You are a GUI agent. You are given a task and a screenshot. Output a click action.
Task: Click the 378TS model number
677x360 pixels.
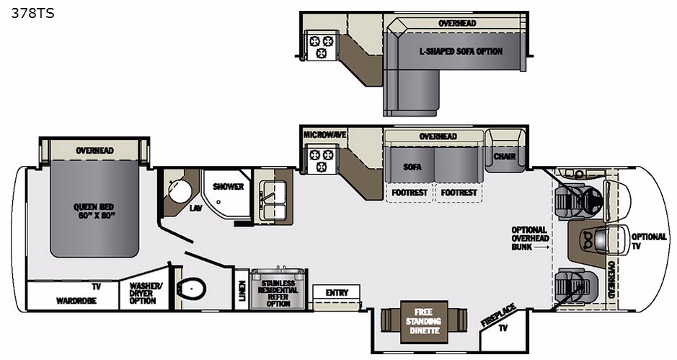pyautogui.click(x=33, y=14)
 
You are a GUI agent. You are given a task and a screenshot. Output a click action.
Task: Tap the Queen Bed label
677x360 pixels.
pyautogui.click(x=94, y=211)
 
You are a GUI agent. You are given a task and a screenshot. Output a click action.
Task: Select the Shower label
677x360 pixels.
pyautogui.click(x=228, y=187)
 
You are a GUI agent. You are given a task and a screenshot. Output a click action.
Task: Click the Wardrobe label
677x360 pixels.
pyautogui.click(x=76, y=300)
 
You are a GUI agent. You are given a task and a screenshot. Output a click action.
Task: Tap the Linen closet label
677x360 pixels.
pyautogui.click(x=242, y=289)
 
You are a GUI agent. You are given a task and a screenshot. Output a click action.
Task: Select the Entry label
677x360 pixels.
pyautogui.click(x=337, y=293)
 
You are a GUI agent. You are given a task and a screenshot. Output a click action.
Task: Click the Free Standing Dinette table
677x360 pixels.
pyautogui.click(x=423, y=322)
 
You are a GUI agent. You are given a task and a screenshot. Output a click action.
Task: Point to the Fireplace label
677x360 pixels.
pyautogui.click(x=497, y=315)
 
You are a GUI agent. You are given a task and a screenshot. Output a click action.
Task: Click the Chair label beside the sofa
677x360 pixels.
pyautogui.click(x=504, y=156)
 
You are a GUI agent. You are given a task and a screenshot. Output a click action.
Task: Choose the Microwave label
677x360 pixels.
pyautogui.click(x=324, y=134)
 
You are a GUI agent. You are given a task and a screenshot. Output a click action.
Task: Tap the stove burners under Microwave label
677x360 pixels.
pyautogui.click(x=322, y=159)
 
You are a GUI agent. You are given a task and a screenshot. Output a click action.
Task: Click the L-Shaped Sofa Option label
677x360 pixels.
pyautogui.click(x=461, y=51)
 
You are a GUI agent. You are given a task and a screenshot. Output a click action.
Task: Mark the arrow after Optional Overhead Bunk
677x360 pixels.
pyautogui.click(x=541, y=247)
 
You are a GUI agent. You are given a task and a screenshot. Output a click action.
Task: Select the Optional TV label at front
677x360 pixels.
pyautogui.click(x=649, y=241)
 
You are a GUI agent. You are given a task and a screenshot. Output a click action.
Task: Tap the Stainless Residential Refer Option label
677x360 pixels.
pyautogui.click(x=278, y=293)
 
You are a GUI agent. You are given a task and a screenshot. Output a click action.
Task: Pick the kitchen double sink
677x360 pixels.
pyautogui.click(x=273, y=200)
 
